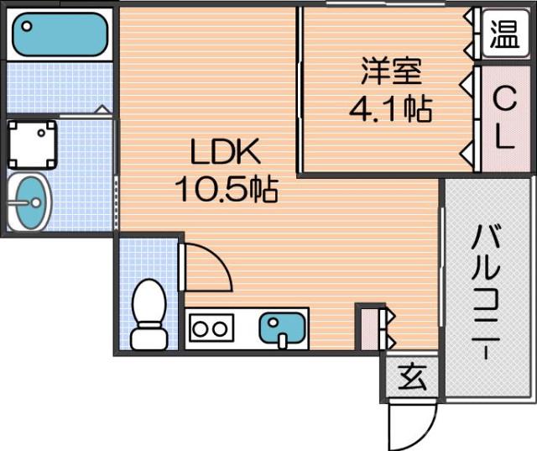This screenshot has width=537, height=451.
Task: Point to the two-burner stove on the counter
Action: pyautogui.click(x=211, y=328)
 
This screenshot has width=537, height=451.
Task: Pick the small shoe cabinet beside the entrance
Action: pyautogui.click(x=370, y=328)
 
